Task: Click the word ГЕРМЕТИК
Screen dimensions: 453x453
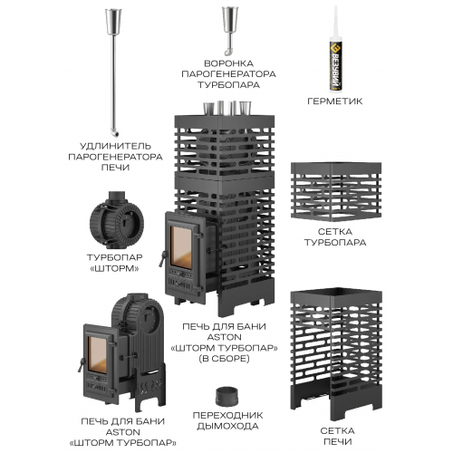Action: (x=334, y=101)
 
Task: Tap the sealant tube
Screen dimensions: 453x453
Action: (x=335, y=50)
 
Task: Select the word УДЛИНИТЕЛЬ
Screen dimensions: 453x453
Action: (x=115, y=146)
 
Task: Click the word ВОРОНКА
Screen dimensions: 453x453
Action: (x=228, y=63)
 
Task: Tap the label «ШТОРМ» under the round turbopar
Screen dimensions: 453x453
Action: (x=115, y=268)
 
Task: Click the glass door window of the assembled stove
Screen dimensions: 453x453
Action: (x=181, y=247)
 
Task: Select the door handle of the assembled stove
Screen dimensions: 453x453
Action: (x=163, y=258)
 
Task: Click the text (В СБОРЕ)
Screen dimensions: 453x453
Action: (x=224, y=359)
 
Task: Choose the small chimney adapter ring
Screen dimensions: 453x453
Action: (x=226, y=397)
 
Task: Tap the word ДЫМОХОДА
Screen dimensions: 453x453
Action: (x=227, y=426)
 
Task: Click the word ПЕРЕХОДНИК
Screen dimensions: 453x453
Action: (x=227, y=415)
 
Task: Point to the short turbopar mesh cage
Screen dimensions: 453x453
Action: (x=336, y=192)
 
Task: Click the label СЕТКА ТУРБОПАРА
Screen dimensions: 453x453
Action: (x=335, y=237)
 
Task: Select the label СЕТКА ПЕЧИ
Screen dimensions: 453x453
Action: (x=338, y=436)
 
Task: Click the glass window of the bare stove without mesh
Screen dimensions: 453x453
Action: (x=97, y=354)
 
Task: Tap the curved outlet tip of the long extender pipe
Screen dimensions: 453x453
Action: (x=114, y=132)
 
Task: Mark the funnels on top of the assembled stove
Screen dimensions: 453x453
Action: (x=227, y=108)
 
